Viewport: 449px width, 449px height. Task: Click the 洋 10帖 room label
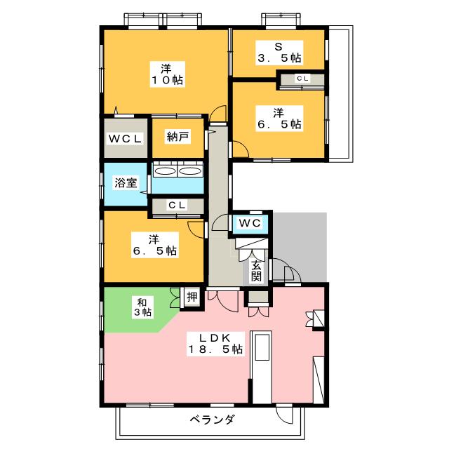(168, 74)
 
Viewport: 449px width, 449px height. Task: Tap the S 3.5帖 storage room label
(279, 53)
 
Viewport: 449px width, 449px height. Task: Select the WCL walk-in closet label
(125, 139)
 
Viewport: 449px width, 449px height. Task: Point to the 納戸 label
(177, 137)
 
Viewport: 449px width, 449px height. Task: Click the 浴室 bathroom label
(126, 182)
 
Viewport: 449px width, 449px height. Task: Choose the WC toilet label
(250, 223)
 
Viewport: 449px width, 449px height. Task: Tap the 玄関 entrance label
(256, 271)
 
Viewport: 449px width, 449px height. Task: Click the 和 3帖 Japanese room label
(142, 307)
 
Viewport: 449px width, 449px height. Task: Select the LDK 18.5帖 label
(215, 344)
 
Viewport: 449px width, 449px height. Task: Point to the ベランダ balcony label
(212, 420)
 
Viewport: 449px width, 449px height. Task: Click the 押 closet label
(192, 297)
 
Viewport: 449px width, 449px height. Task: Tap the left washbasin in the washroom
(165, 171)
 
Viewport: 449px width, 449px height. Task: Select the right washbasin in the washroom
(190, 171)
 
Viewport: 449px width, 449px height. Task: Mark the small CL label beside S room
(302, 78)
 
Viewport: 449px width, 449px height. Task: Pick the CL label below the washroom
(177, 205)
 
